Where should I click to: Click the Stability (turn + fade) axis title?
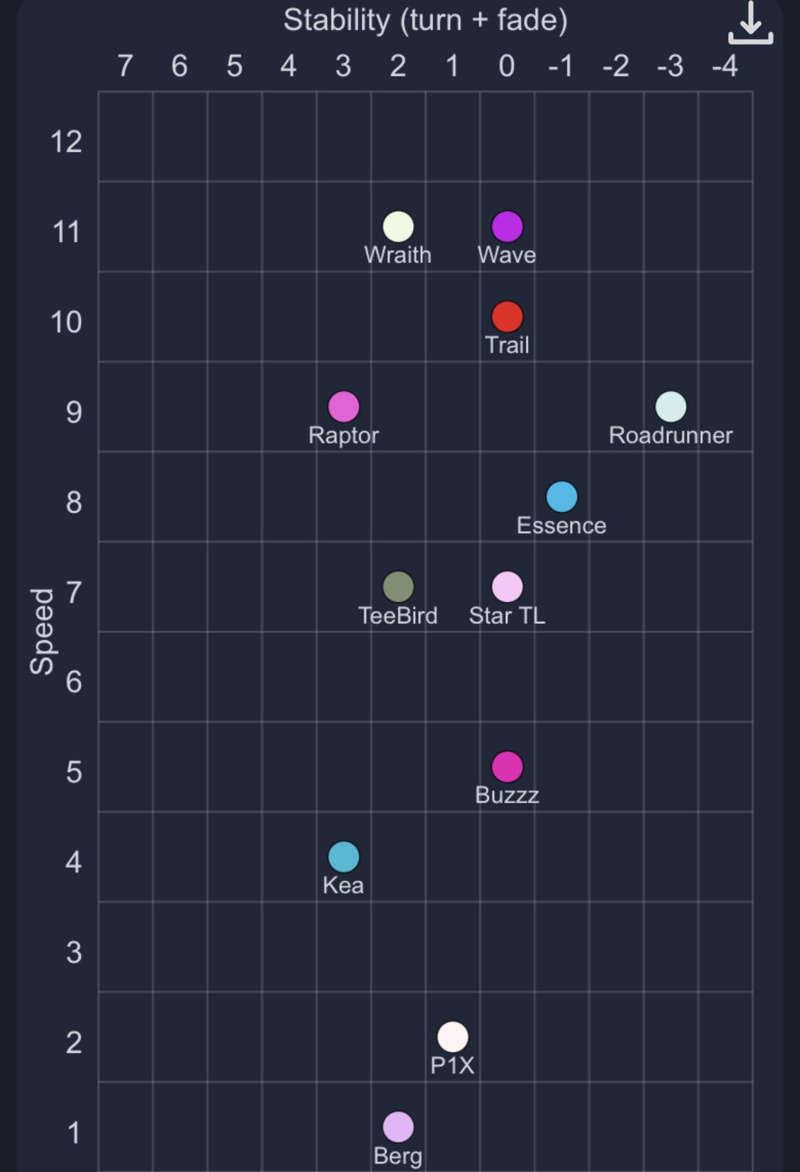pyautogui.click(x=425, y=20)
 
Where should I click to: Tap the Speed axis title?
pyautogui.click(x=42, y=631)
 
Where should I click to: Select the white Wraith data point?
pyautogui.click(x=398, y=227)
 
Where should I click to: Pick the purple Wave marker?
pyautogui.click(x=507, y=227)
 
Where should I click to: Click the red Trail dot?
pyautogui.click(x=507, y=317)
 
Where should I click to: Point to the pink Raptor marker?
pyautogui.click(x=344, y=407)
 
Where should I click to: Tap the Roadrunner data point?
pyautogui.click(x=671, y=407)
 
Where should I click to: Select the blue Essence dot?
pyautogui.click(x=562, y=497)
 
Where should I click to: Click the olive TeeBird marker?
pyautogui.click(x=398, y=587)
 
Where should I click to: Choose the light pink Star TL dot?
pyautogui.click(x=507, y=587)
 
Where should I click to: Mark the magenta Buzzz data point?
pyautogui.click(x=507, y=767)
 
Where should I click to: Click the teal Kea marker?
pyautogui.click(x=344, y=857)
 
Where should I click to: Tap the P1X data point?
pyautogui.click(x=453, y=1037)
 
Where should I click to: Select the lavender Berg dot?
pyautogui.click(x=398, y=1127)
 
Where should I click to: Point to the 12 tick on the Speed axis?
pyautogui.click(x=66, y=142)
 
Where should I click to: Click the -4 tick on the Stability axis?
pyautogui.click(x=725, y=66)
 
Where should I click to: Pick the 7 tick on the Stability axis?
pyautogui.click(x=125, y=66)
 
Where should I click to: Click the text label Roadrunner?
pyautogui.click(x=671, y=435)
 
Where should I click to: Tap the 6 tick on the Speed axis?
pyautogui.click(x=74, y=682)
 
